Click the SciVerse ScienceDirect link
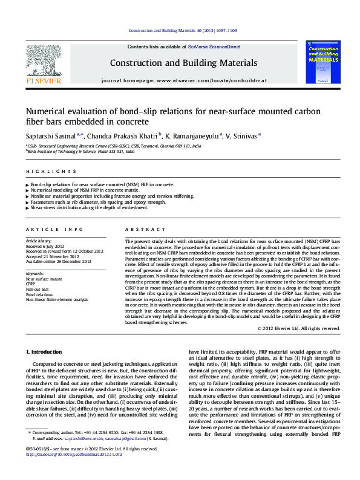click(x=214, y=47)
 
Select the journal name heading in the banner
click(x=183, y=63)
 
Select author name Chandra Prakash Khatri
click(x=125, y=135)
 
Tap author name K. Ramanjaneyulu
click(x=192, y=135)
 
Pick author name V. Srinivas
click(x=243, y=135)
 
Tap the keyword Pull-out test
click(x=38, y=290)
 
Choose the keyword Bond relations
click(x=39, y=294)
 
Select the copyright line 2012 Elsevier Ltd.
click(x=298, y=328)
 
